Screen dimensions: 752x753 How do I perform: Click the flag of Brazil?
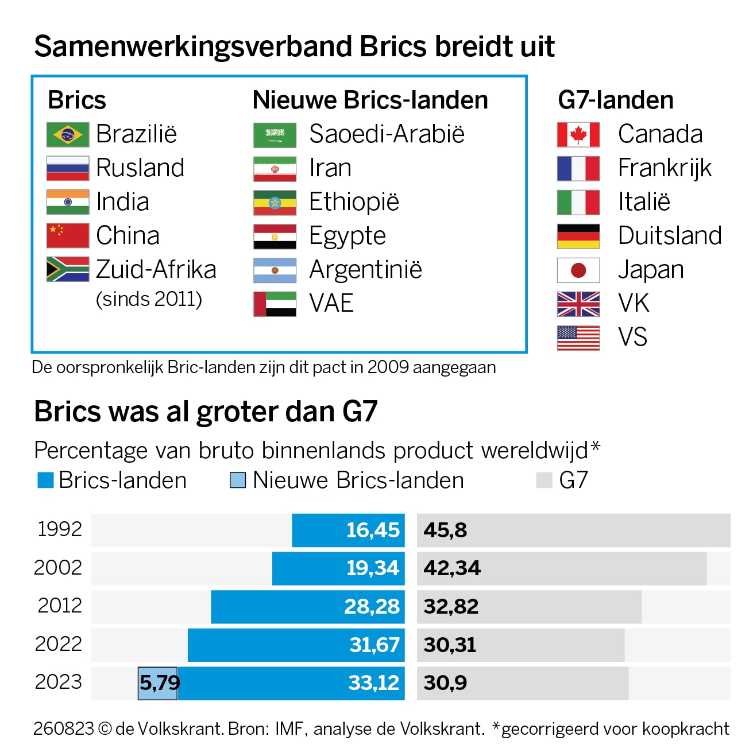click(68, 135)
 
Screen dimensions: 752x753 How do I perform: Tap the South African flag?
click(68, 269)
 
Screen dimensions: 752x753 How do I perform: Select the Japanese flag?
click(578, 270)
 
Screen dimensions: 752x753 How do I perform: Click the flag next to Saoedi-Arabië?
click(275, 135)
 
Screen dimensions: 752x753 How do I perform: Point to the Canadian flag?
click(578, 135)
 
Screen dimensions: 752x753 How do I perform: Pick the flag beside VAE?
click(275, 304)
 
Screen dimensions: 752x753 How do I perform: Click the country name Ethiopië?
click(354, 202)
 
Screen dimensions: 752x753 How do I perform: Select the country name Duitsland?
click(670, 236)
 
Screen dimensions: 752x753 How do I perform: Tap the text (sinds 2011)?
click(149, 300)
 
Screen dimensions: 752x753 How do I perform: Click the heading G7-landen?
click(615, 100)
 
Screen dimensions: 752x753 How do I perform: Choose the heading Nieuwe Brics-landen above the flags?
click(370, 100)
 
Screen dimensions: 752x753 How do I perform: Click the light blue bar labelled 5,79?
click(158, 683)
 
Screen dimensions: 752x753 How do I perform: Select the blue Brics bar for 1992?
click(348, 530)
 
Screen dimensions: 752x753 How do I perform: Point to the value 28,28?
click(372, 607)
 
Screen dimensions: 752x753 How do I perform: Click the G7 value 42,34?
click(452, 568)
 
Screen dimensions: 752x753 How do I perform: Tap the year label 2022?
click(59, 644)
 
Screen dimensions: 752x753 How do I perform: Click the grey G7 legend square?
click(543, 480)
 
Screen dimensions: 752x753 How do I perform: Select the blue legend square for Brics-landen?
click(45, 480)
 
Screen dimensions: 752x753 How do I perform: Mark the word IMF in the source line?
click(289, 729)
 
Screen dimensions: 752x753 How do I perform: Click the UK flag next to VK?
click(578, 304)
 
